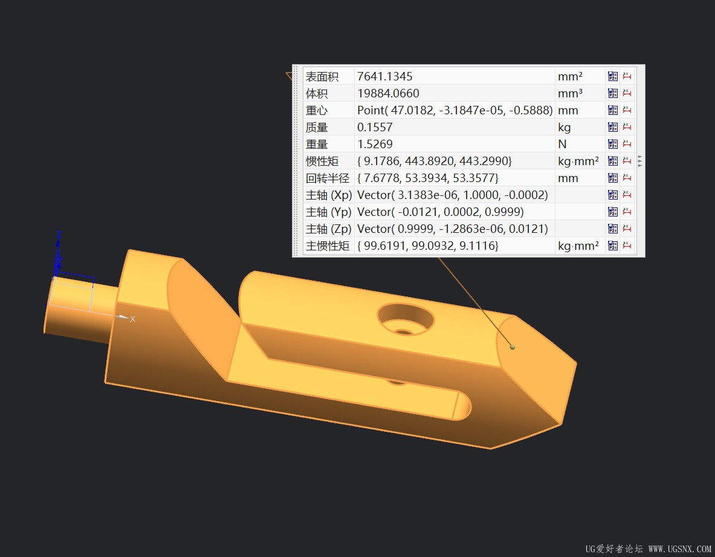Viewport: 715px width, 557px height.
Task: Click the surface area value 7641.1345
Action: click(x=384, y=76)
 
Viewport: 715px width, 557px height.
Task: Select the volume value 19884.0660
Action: click(x=388, y=93)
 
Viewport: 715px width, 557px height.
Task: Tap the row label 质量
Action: click(x=317, y=127)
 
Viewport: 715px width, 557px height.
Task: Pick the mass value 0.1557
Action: click(x=374, y=127)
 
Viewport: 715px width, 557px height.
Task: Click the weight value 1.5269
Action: click(x=374, y=144)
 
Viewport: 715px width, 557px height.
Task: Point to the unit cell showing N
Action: click(x=562, y=144)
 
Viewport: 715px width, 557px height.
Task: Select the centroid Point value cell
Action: click(x=455, y=111)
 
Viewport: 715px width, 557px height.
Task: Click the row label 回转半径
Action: click(x=328, y=178)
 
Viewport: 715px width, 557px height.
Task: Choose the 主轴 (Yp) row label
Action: click(x=328, y=212)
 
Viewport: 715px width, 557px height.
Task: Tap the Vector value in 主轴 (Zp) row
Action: click(x=452, y=229)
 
